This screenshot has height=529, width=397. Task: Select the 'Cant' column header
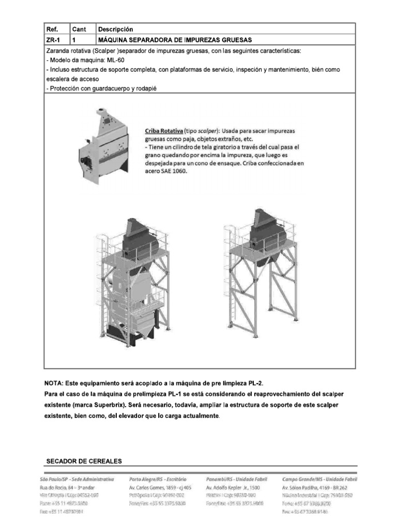[79, 29]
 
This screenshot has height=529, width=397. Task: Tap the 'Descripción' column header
[115, 29]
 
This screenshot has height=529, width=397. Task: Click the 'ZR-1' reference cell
[54, 40]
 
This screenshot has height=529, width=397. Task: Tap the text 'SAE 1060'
[173, 172]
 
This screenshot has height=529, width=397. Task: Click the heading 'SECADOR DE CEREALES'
[84, 461]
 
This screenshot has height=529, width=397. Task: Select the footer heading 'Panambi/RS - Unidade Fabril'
[236, 479]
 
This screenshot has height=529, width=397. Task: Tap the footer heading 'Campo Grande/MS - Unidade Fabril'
[319, 479]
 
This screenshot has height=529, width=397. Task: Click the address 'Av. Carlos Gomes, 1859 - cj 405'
[160, 487]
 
